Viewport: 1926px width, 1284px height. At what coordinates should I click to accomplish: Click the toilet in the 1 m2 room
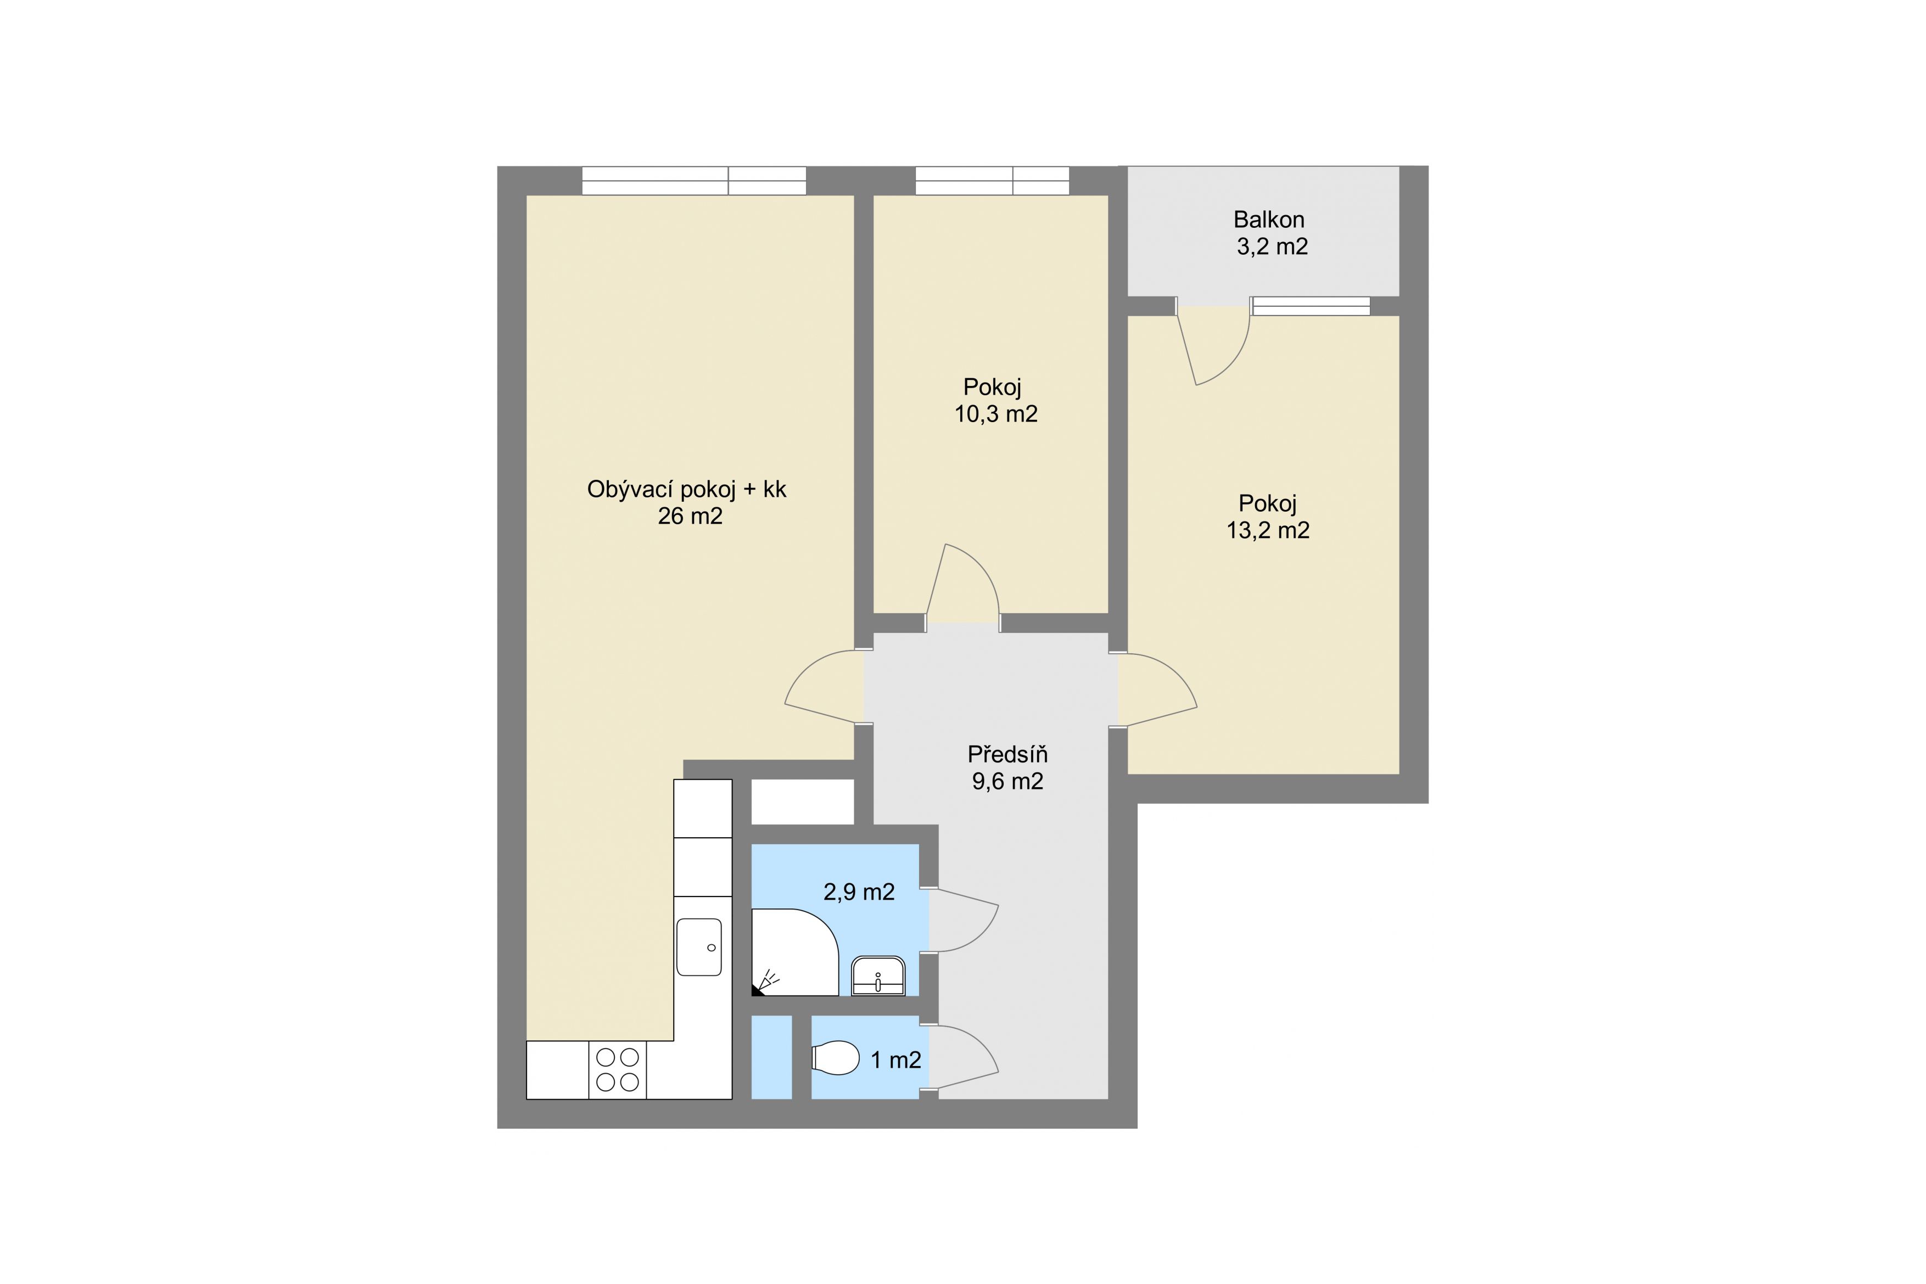coord(835,1058)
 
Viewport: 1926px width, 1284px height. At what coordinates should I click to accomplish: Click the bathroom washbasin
coord(878,975)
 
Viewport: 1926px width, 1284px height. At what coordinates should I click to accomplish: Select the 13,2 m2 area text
coord(1268,531)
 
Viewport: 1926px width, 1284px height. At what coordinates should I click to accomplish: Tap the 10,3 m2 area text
coord(996,414)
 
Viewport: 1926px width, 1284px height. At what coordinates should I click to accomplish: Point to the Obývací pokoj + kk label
coord(686,490)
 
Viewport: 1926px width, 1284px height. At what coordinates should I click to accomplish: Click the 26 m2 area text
coord(690,517)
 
